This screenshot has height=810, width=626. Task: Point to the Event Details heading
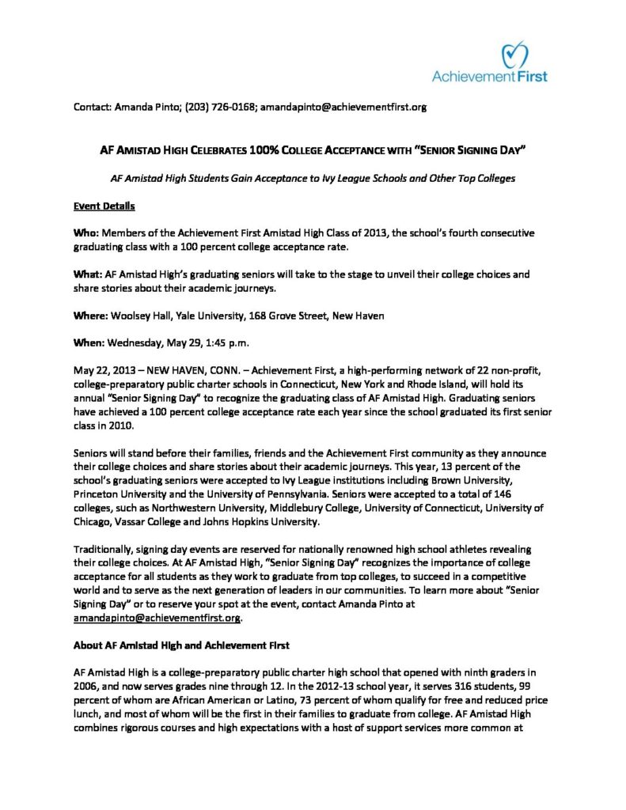pos(104,206)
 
